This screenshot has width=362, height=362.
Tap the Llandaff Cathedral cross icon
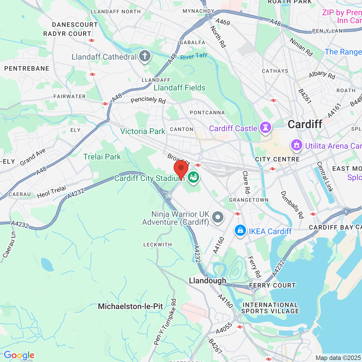click(x=145, y=56)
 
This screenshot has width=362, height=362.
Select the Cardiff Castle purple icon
click(x=265, y=128)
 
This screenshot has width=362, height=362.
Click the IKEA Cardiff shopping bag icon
click(x=240, y=230)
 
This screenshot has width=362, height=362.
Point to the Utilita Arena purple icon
click(x=296, y=145)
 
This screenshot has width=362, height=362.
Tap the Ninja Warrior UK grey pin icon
click(x=217, y=217)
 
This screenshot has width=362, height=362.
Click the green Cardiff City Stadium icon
click(x=194, y=177)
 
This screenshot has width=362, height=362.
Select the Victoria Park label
click(x=143, y=131)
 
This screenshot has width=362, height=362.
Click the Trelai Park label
click(x=102, y=157)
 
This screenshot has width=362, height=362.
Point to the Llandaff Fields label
click(x=180, y=88)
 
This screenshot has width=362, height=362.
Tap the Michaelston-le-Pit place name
click(x=130, y=306)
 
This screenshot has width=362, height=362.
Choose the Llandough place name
click(x=207, y=281)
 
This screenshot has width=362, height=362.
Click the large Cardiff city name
click(x=305, y=124)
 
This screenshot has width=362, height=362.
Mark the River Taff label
click(x=194, y=56)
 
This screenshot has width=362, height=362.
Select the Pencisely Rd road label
click(x=148, y=100)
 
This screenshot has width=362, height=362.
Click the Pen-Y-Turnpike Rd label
click(x=165, y=322)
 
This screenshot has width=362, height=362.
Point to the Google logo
click(x=19, y=355)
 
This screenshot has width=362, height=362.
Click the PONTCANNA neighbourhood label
click(x=207, y=113)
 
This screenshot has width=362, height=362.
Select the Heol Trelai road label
click(x=51, y=192)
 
